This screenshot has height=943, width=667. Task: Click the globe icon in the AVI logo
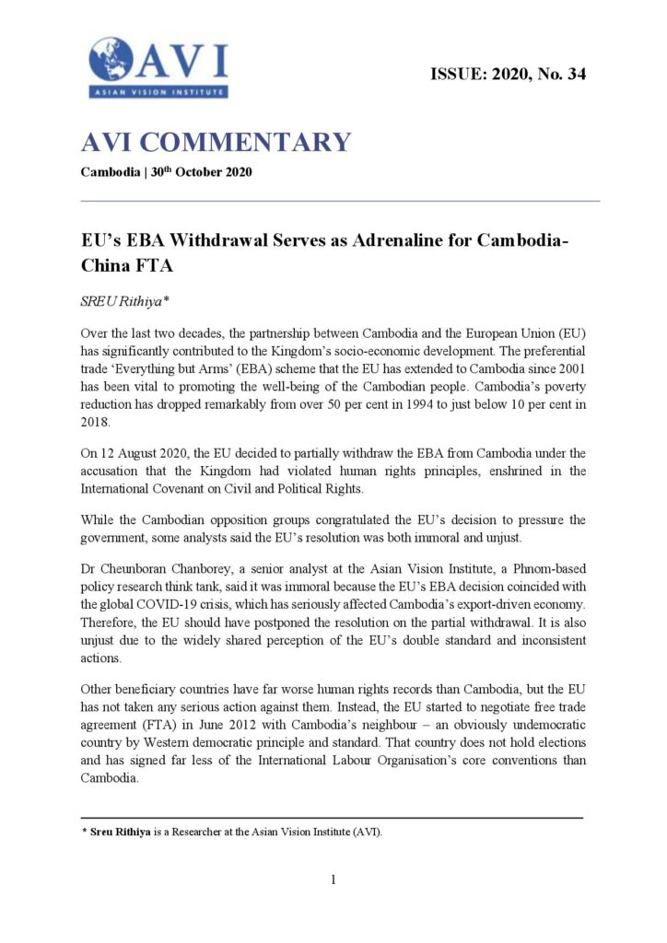click(x=111, y=60)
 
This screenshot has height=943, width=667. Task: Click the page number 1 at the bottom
click(x=333, y=879)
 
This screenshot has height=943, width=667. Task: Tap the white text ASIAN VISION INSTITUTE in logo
click(x=158, y=91)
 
